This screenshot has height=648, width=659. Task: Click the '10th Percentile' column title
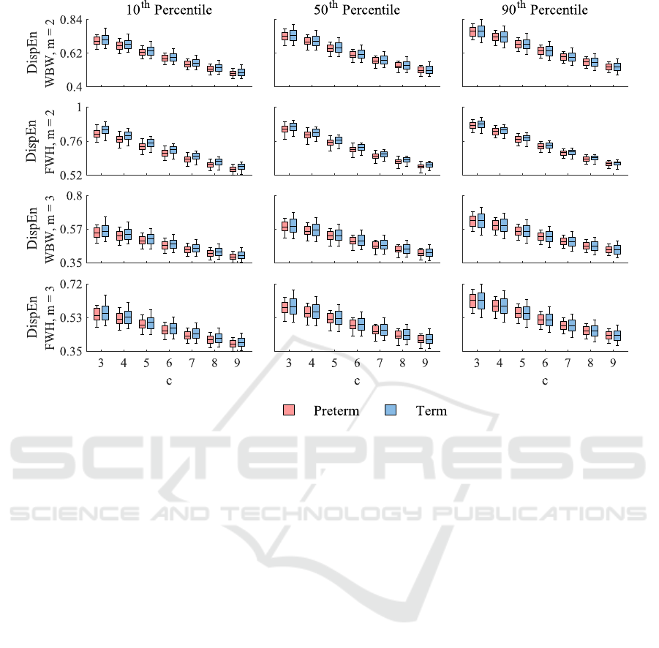(x=168, y=10)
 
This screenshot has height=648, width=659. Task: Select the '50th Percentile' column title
(x=357, y=10)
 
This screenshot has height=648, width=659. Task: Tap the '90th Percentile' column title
(x=545, y=10)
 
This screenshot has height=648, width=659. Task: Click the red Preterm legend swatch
(x=289, y=410)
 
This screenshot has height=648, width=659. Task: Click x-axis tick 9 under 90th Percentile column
(x=613, y=363)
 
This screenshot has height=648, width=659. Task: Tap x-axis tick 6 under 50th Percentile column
(x=357, y=363)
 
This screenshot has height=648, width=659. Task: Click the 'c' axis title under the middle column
(x=357, y=380)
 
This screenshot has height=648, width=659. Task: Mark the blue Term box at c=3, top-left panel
(x=105, y=39)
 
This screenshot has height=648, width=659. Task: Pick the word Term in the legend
(x=431, y=411)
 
